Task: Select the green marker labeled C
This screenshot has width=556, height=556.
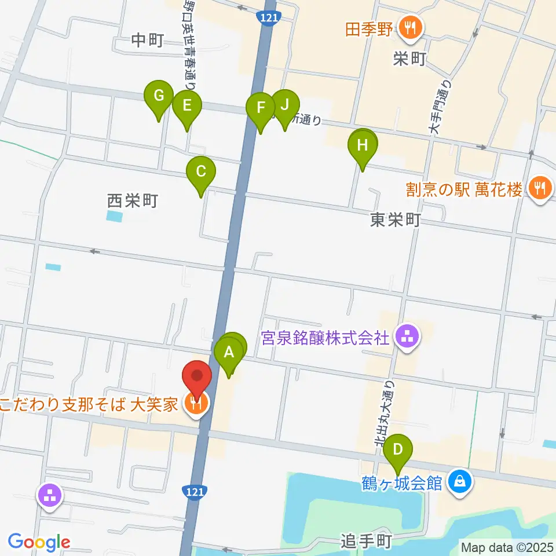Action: click(201, 172)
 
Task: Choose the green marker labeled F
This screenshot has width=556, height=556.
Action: click(261, 108)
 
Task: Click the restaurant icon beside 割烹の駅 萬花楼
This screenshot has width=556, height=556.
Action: click(540, 189)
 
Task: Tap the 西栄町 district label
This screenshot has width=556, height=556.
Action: click(133, 201)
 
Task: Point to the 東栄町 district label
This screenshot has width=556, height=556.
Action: click(395, 221)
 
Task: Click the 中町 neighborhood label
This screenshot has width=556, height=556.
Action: click(148, 40)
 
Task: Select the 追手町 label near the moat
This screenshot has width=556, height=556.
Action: click(365, 542)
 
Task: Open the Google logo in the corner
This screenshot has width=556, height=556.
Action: click(39, 542)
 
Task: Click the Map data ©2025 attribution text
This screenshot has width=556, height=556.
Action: click(506, 546)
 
